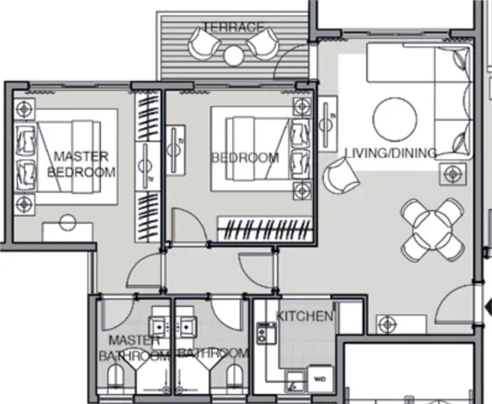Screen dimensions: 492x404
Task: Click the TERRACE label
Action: (x=234, y=27)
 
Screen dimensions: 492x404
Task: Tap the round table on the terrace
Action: (x=234, y=56)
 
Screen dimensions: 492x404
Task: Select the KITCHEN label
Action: (x=304, y=316)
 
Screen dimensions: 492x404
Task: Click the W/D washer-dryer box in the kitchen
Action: (x=320, y=379)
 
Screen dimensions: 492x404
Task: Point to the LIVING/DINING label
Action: (x=390, y=153)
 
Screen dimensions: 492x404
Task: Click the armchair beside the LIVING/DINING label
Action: (x=341, y=176)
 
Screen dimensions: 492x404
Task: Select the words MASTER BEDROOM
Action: (x=81, y=164)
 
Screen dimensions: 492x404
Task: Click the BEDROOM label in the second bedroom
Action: (x=246, y=157)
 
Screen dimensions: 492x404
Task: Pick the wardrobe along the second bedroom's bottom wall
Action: (x=265, y=229)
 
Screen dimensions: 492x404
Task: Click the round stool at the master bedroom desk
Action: (x=67, y=222)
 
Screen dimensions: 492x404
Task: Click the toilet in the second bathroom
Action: (x=235, y=376)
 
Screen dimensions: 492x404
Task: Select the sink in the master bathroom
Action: (x=160, y=327)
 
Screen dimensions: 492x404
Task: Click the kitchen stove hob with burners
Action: (x=267, y=332)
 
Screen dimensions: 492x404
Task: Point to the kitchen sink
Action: (x=294, y=380)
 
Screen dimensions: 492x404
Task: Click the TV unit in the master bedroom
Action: (x=147, y=166)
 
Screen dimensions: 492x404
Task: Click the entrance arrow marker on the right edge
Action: (x=489, y=306)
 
